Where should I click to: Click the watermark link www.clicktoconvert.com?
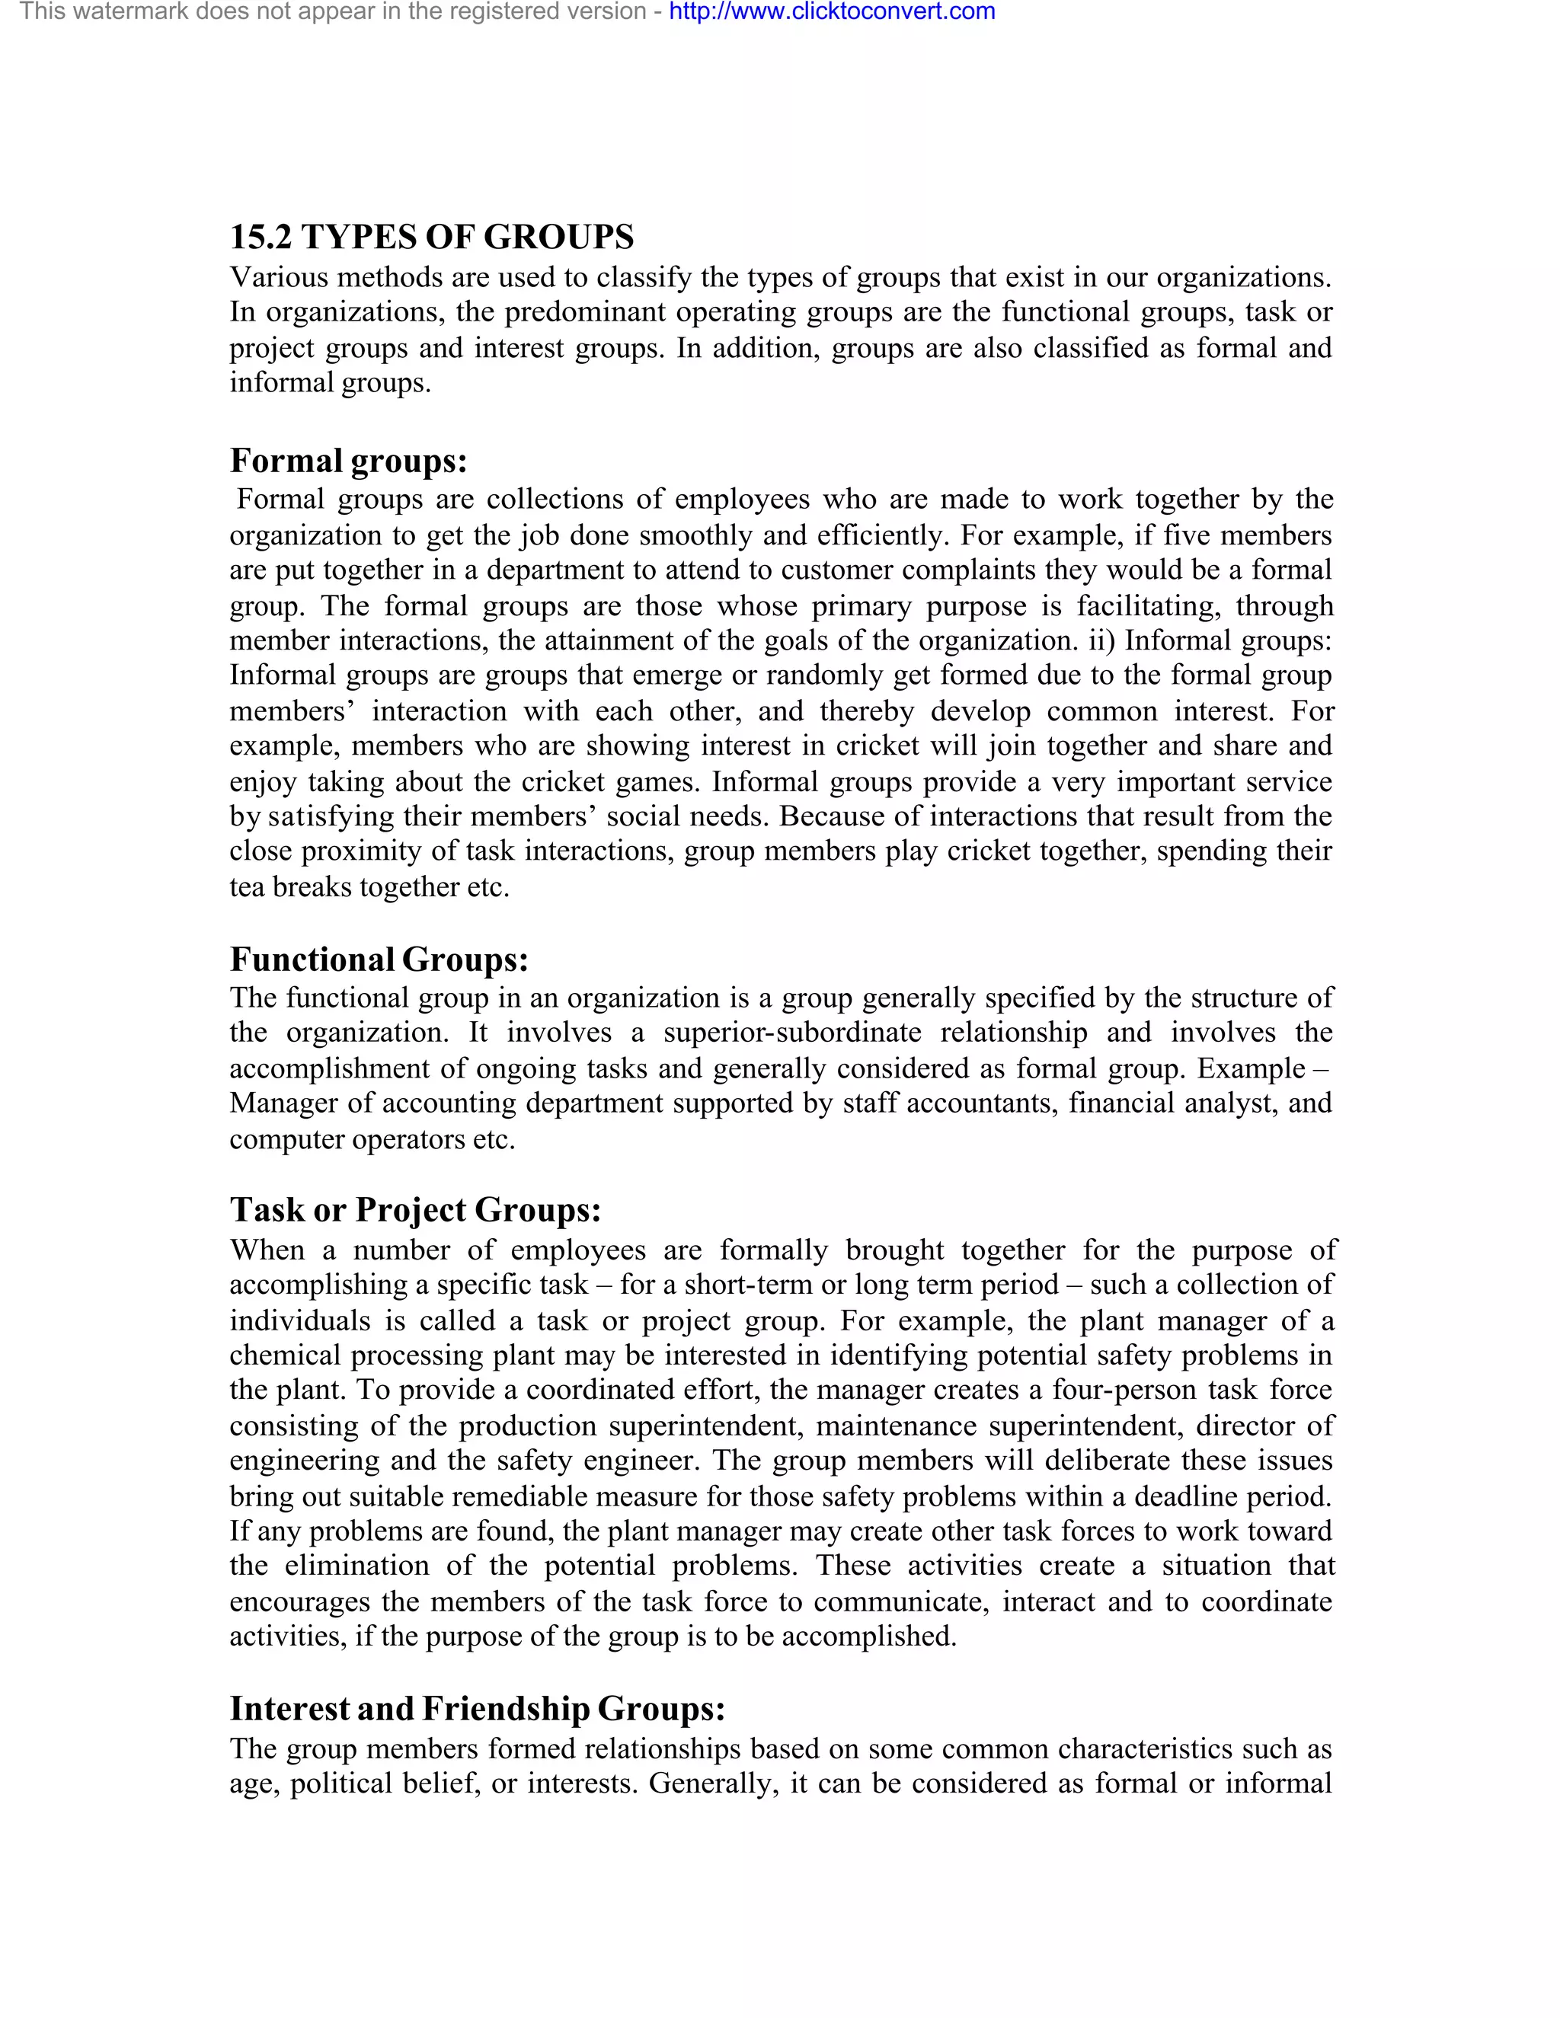832,12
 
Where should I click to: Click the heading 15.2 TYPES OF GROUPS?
432,238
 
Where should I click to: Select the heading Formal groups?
348,460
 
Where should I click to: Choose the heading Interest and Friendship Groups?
477,1709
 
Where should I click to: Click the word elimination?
356,1566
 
